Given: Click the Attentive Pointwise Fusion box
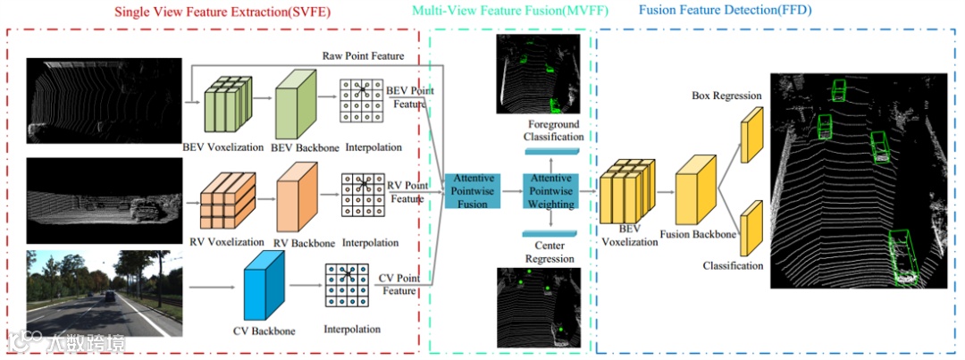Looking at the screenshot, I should coord(472,191).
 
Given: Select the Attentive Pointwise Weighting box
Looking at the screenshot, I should coord(550,191).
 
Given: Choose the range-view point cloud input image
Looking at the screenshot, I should coord(105,201).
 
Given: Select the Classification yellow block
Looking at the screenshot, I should coord(751,227).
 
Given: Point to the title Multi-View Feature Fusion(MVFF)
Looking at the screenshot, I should coord(500,12).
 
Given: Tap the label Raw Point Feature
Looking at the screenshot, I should coord(364,56).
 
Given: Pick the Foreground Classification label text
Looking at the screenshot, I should coord(554,130).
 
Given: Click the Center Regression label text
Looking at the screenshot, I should coord(550,253).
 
